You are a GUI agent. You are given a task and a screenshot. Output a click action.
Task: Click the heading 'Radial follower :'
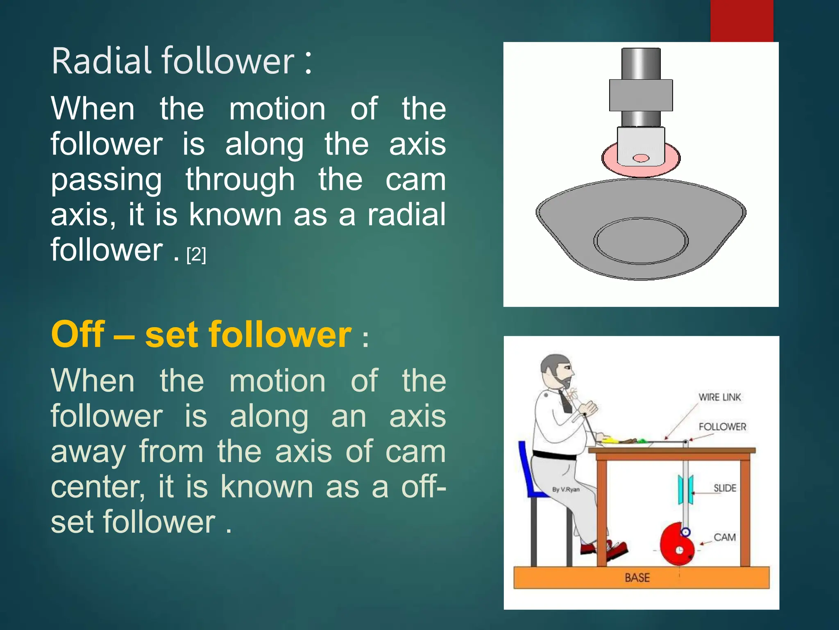[182, 62]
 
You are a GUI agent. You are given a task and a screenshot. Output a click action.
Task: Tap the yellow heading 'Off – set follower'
[201, 335]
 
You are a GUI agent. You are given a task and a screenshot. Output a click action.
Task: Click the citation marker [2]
[196, 255]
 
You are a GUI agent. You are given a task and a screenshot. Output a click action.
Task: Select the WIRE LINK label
[720, 397]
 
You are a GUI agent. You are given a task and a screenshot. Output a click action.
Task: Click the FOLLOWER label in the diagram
[722, 427]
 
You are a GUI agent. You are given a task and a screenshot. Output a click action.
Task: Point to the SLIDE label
[725, 488]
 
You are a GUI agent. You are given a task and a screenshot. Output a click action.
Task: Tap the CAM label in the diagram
[724, 537]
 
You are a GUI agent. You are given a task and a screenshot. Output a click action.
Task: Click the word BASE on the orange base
[637, 578]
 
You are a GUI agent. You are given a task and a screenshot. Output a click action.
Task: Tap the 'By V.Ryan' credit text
[566, 489]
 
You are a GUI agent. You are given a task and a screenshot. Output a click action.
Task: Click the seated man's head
[556, 369]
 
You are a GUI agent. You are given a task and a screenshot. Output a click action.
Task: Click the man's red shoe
[617, 550]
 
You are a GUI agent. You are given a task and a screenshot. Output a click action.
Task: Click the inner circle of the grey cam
[641, 241]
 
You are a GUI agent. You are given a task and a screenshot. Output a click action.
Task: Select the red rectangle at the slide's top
[741, 21]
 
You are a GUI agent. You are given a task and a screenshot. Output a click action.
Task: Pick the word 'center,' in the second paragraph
[98, 486]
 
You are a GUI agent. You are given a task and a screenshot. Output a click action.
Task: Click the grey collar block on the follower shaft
[641, 95]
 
